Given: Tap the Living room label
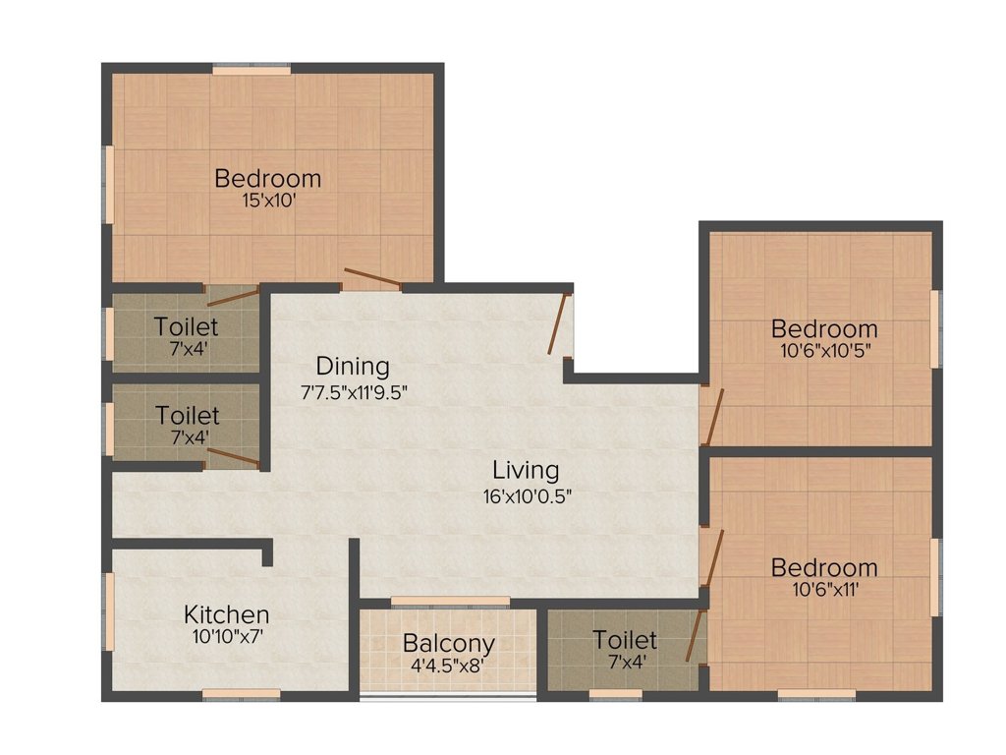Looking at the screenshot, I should point(526,470).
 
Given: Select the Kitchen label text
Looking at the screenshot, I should point(226,614).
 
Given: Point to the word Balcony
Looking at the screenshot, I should point(448,645).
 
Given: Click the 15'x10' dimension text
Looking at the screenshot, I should point(267,201).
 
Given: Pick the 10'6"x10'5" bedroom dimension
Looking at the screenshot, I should point(823,349).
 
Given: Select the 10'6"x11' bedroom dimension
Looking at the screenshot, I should point(823,589).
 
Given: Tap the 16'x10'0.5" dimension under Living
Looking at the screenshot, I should point(526,495).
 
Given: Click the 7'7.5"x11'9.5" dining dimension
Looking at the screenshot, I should point(354,391).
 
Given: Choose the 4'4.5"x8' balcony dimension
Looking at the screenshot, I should point(448,666).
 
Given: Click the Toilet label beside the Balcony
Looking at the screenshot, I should point(625,641).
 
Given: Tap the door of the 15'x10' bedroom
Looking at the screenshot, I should point(371,278).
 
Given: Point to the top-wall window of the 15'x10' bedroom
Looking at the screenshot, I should point(251,70).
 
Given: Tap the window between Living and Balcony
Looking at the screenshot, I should point(450,601).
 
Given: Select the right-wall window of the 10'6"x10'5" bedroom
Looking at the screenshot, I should point(936,328).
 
